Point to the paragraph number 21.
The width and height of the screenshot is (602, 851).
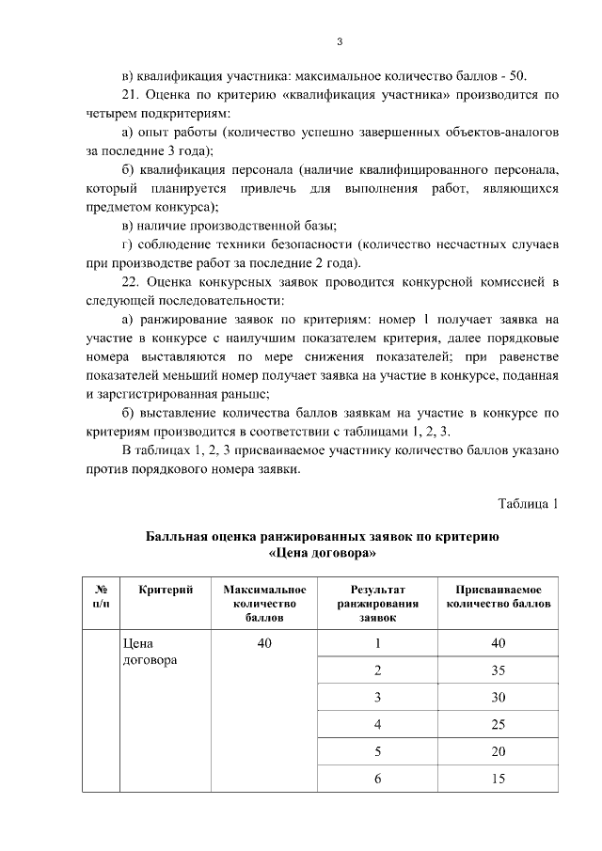131,95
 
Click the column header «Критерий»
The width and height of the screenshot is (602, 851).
166,590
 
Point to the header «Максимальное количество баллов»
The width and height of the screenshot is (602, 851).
265,603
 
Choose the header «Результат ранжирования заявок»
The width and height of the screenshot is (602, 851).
377,603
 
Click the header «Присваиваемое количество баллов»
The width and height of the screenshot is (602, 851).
498,596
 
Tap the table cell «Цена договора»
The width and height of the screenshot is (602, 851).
144,652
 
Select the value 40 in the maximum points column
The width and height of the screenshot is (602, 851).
265,644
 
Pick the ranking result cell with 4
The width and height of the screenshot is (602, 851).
377,724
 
